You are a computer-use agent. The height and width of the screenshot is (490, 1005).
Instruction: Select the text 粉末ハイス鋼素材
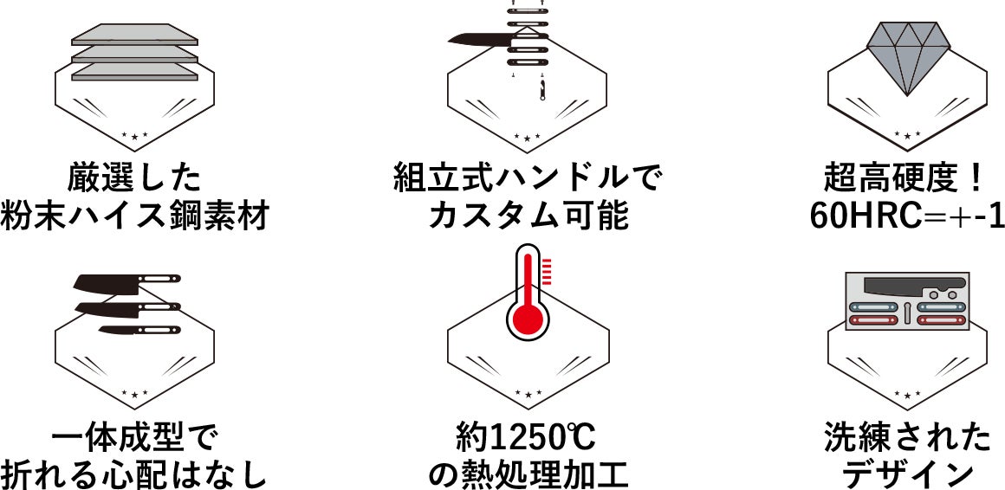(134, 216)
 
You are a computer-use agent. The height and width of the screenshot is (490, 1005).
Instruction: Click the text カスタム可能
(527, 216)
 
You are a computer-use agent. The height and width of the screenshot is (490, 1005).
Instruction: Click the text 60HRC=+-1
(906, 216)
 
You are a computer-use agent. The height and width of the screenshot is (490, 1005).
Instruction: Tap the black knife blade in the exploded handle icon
(479, 38)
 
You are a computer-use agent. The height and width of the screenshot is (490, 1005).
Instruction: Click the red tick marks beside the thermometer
(547, 271)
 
